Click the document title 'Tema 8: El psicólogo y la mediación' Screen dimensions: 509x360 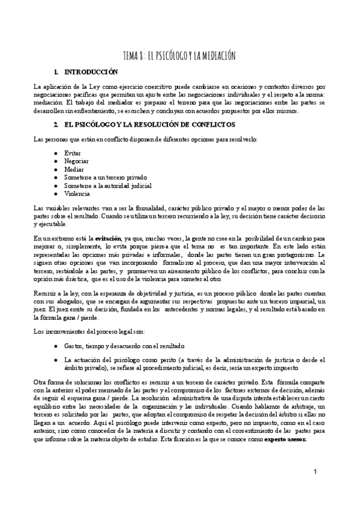click(x=179, y=56)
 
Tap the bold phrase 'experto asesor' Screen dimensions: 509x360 click(x=286, y=439)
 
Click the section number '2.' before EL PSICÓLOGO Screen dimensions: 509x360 click(x=55, y=124)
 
